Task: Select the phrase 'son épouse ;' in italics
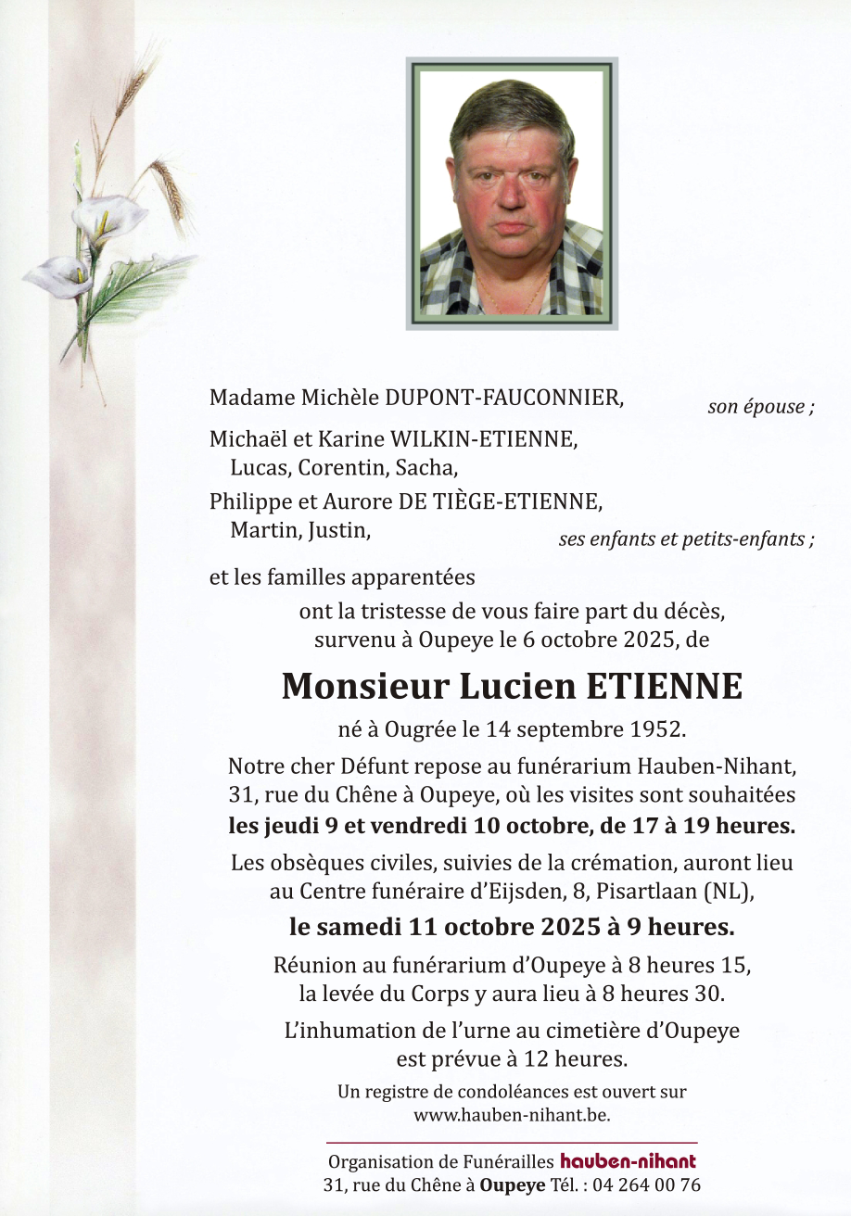pyautogui.click(x=760, y=407)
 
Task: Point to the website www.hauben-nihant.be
pyautogui.click(x=512, y=1115)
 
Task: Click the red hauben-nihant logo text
pyautogui.click(x=628, y=1161)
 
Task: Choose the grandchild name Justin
pyautogui.click(x=339, y=531)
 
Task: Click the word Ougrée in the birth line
pyautogui.click(x=405, y=729)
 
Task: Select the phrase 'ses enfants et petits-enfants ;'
pyautogui.click(x=686, y=540)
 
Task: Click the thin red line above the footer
pyautogui.click(x=512, y=1143)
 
